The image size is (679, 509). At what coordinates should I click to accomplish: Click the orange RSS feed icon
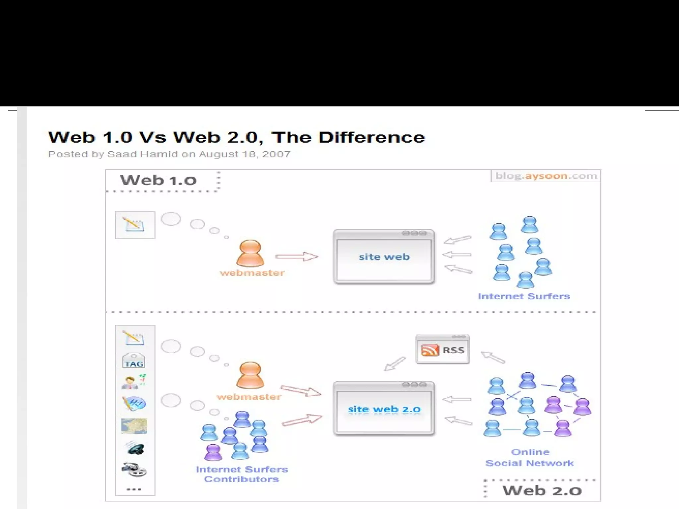point(430,350)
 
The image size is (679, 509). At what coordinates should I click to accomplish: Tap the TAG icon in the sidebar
point(134,361)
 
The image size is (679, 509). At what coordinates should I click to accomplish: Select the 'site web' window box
point(384,256)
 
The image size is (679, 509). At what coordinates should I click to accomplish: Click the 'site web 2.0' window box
point(384,409)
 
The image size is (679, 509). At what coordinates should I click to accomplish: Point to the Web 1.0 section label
point(158,181)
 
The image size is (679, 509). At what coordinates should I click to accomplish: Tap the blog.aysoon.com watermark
point(546,176)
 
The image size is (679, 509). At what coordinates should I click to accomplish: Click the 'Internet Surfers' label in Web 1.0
point(524,296)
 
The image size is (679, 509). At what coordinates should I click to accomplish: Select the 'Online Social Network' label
point(530,458)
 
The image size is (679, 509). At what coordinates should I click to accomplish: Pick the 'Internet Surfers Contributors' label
point(241,474)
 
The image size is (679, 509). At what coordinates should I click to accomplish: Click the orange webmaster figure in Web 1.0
point(250,253)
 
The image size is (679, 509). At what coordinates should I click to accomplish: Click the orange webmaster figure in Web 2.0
point(250,375)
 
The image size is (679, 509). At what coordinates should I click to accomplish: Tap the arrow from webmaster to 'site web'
point(296,256)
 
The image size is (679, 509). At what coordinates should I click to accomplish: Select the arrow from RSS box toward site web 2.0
point(395,364)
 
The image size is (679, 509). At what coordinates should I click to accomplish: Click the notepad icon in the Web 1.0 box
point(135,225)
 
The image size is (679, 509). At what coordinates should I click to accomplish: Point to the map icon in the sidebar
point(134,426)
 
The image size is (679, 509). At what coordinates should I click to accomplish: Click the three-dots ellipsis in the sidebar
point(134,489)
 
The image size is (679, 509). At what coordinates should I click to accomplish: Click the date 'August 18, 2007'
point(245,154)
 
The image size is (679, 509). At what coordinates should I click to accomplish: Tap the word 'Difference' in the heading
point(372,138)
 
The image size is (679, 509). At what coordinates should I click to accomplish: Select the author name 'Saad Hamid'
point(143,154)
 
